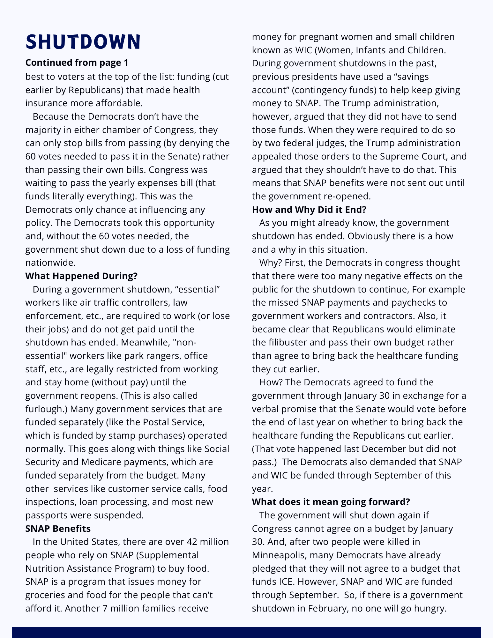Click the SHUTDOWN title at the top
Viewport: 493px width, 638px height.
pyautogui.click(x=83, y=41)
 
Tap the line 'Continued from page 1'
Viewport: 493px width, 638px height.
pyautogui.click(x=77, y=63)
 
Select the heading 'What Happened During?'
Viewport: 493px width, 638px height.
pyautogui.click(x=81, y=276)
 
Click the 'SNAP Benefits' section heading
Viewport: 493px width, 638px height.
pyautogui.click(x=58, y=529)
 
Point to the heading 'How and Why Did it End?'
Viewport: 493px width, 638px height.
pyautogui.click(x=309, y=210)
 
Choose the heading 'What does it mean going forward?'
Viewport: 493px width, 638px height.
pyautogui.click(x=331, y=501)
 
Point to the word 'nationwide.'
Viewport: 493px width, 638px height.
pyautogui.click(x=50, y=263)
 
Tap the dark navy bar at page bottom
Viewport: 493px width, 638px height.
pyautogui.click(x=246, y=632)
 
